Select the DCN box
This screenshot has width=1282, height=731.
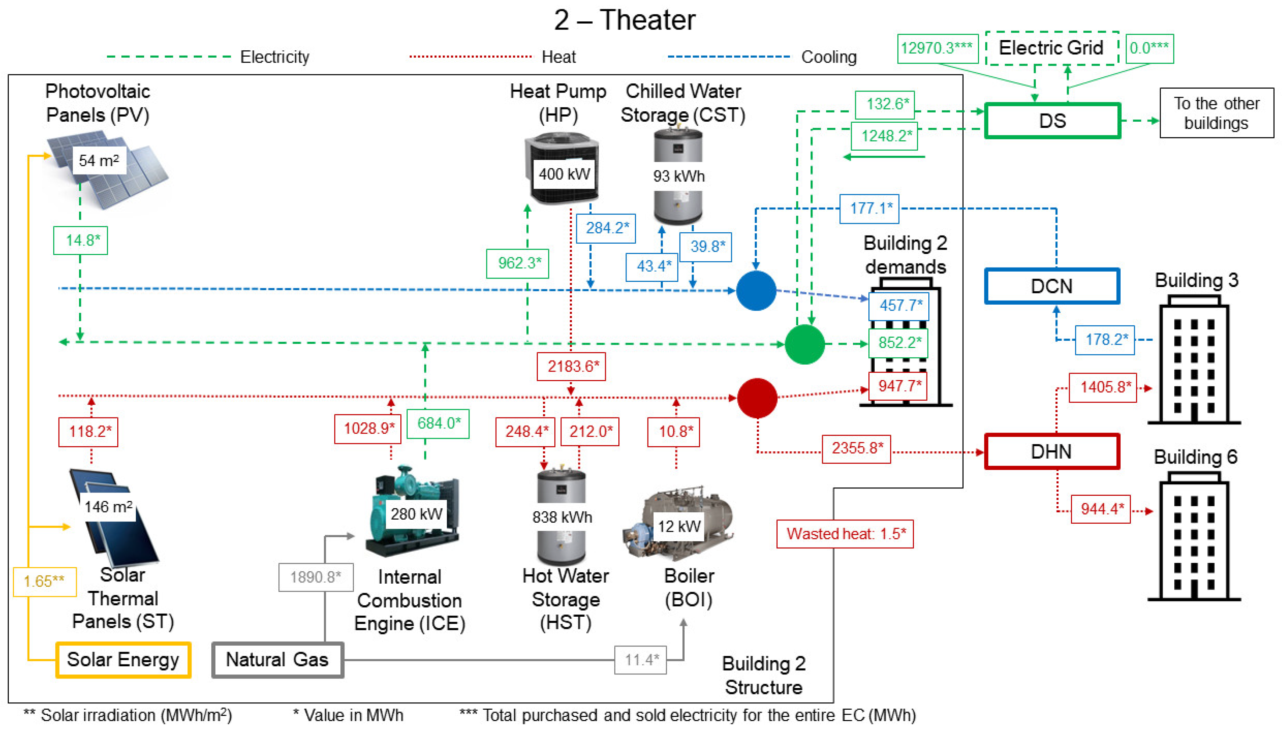(1052, 286)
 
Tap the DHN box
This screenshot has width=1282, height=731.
(1052, 451)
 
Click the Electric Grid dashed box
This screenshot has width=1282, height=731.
(1051, 48)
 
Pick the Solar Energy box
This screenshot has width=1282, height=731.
(123, 660)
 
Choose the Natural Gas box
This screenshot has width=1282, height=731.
(277, 660)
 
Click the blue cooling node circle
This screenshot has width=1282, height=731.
(756, 291)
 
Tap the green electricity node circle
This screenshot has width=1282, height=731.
(804, 344)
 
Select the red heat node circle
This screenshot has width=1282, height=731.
(757, 398)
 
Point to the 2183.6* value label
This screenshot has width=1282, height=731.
(571, 366)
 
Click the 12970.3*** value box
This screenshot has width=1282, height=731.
(937, 48)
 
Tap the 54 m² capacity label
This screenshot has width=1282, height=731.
(99, 161)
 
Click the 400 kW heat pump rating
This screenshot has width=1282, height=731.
(564, 174)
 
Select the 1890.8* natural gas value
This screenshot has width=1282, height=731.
(316, 577)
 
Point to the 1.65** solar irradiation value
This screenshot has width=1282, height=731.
(44, 581)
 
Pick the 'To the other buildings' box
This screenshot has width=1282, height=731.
(1216, 113)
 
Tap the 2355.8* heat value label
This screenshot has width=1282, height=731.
(856, 448)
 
